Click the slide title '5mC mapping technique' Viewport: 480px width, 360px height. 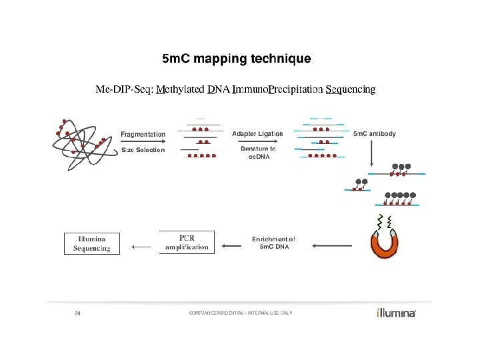click(x=237, y=59)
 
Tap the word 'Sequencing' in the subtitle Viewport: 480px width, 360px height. click(x=350, y=89)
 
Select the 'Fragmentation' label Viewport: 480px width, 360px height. click(x=143, y=134)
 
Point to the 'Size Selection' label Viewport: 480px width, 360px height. click(x=143, y=150)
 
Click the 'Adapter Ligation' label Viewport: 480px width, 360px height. click(x=257, y=134)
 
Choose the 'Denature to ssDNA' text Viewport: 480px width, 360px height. click(x=258, y=153)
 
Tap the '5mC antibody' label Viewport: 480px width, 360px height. click(x=374, y=134)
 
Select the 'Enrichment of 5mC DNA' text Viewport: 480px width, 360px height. click(x=273, y=242)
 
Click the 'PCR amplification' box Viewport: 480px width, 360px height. click(x=187, y=242)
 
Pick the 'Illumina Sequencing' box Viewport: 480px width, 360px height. click(x=91, y=243)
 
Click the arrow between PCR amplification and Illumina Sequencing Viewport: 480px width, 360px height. click(x=141, y=247)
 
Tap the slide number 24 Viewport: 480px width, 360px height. click(x=77, y=313)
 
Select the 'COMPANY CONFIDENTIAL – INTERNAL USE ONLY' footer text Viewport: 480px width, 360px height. click(x=240, y=313)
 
